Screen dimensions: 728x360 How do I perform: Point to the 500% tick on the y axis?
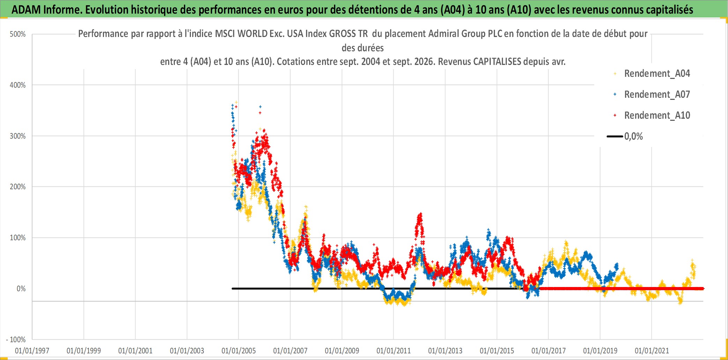point(18,34)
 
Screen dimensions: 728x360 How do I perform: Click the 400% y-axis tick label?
point(18,85)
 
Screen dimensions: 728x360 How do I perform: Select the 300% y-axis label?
point(18,136)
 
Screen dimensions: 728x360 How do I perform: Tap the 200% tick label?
point(18,187)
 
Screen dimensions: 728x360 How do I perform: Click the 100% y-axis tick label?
point(18,238)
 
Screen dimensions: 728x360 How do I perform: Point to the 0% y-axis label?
point(21,289)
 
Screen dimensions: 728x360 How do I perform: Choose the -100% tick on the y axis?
point(16,340)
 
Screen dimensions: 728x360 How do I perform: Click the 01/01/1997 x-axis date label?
point(32,351)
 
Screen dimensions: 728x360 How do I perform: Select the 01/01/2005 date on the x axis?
point(239,351)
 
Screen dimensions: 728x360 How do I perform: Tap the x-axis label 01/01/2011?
point(394,351)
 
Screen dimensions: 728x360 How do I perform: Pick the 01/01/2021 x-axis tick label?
point(652,351)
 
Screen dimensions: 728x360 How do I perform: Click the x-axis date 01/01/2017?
point(549,351)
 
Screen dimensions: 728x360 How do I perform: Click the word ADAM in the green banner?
point(26,10)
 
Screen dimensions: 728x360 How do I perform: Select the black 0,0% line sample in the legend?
point(615,137)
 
